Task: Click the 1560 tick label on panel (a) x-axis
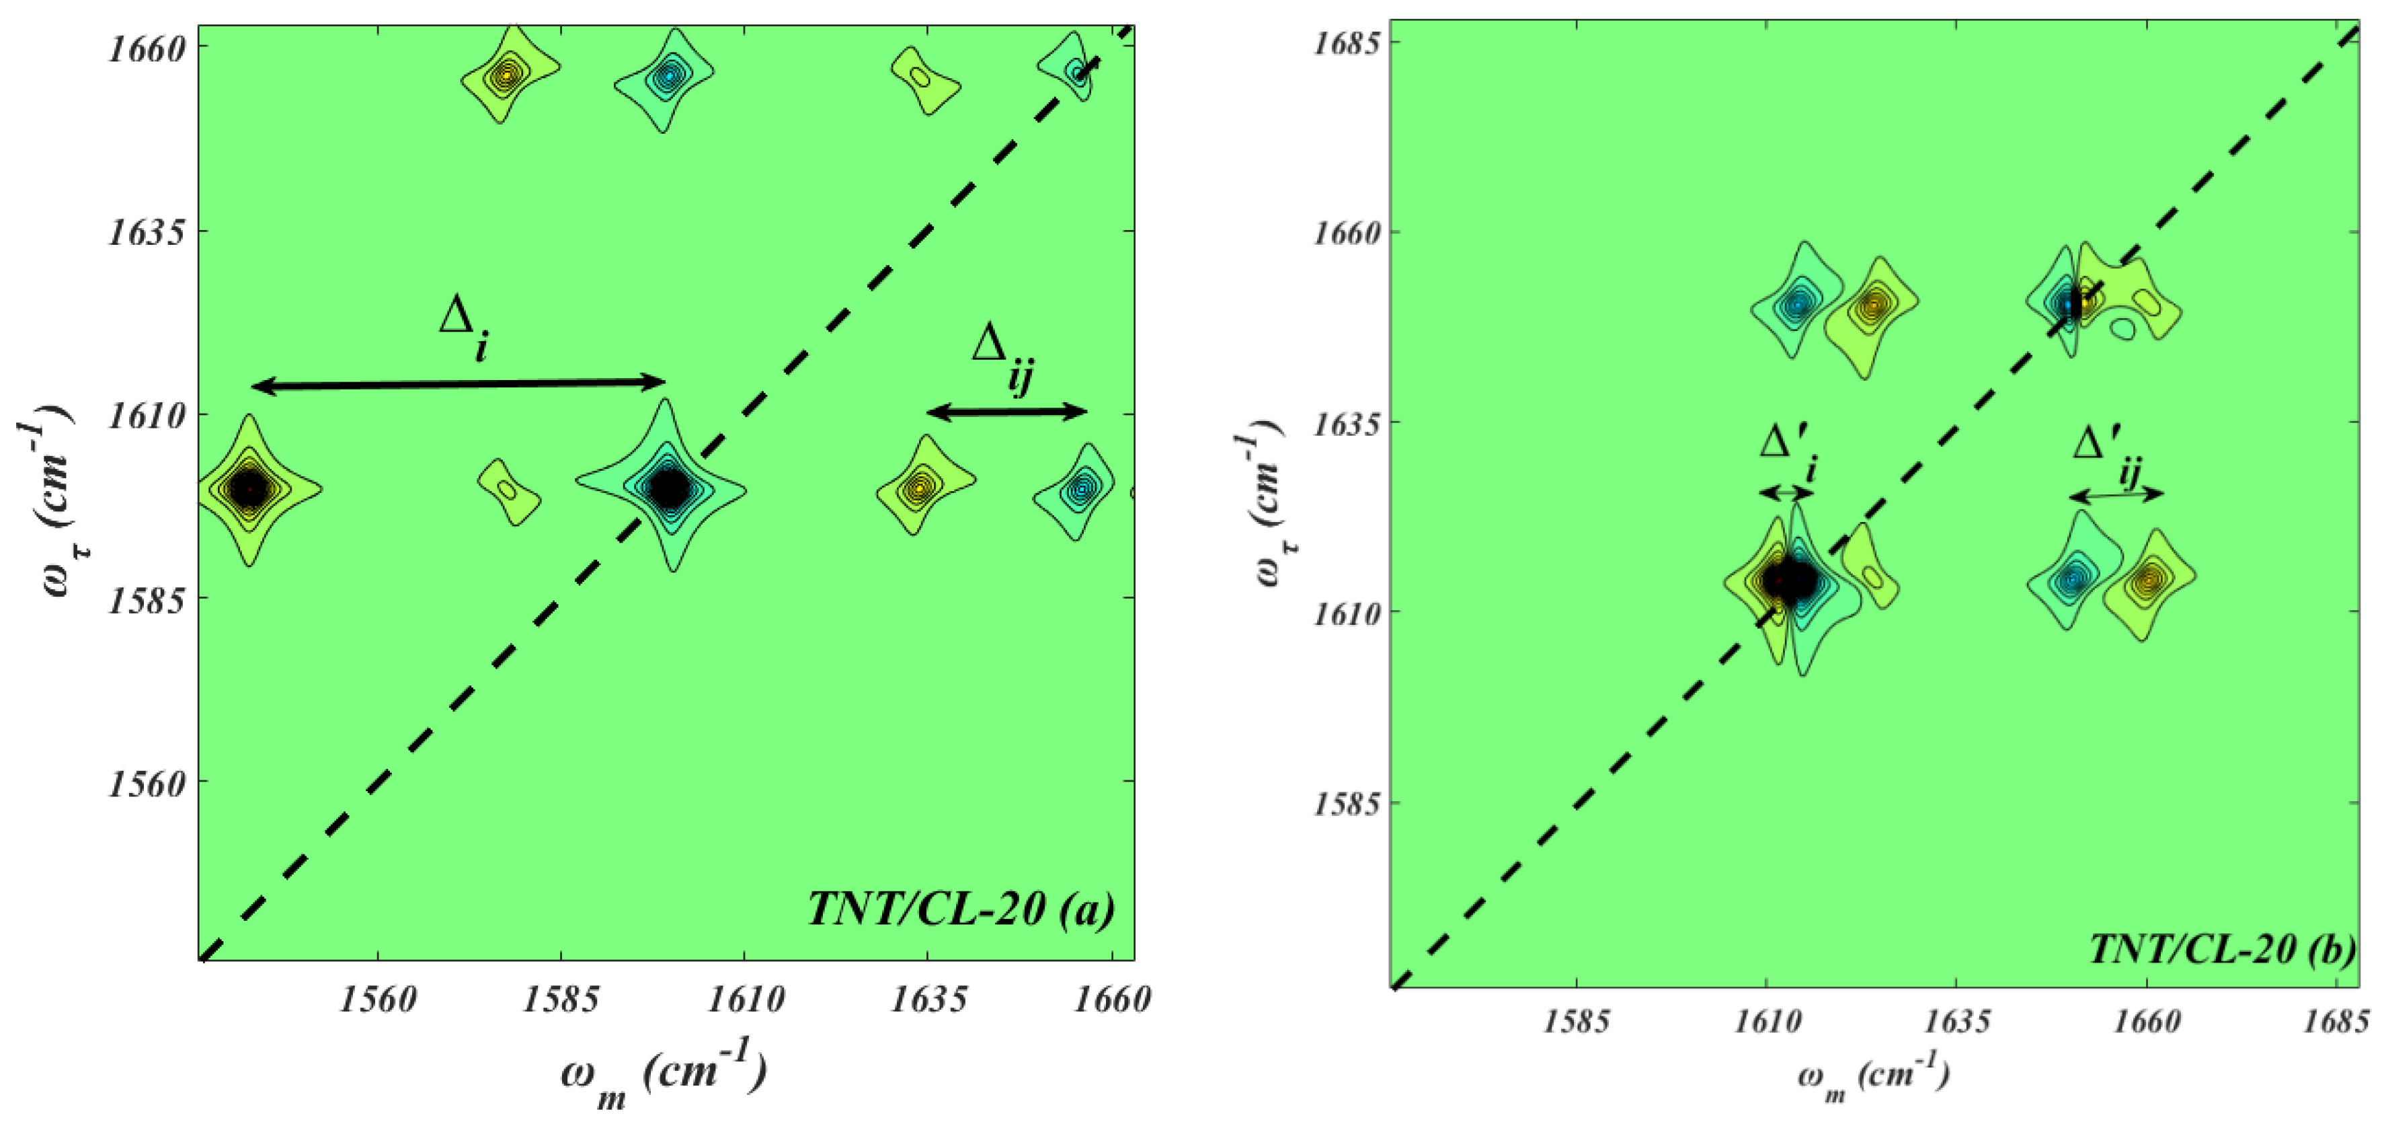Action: pos(377,1000)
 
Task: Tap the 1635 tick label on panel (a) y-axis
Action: pos(147,231)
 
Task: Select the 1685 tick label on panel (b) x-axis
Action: pos(2337,1022)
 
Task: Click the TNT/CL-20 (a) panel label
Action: pos(961,909)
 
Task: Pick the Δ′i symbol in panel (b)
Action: pos(1787,454)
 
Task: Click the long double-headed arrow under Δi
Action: pos(459,383)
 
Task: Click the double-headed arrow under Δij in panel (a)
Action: pos(1007,412)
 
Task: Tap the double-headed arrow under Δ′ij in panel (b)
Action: pos(2116,495)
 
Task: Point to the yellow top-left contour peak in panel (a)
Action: pos(506,74)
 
